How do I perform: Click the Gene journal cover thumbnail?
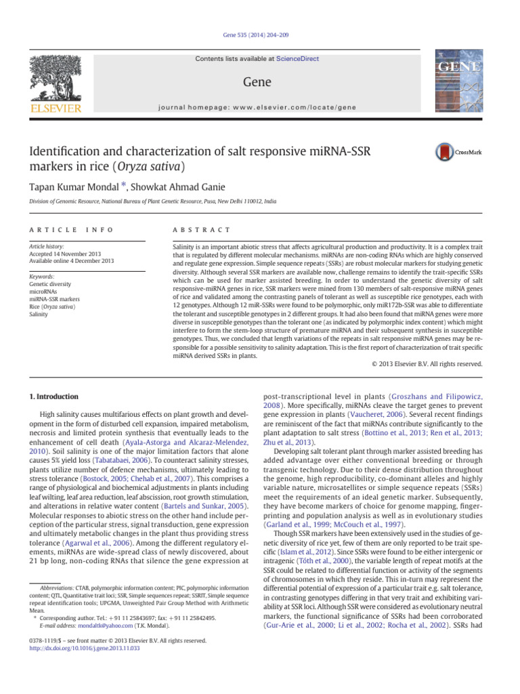coord(458,82)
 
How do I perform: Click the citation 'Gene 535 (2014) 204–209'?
coord(259,35)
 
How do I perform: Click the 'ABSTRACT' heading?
coord(202,231)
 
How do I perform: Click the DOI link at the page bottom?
coord(82,648)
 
